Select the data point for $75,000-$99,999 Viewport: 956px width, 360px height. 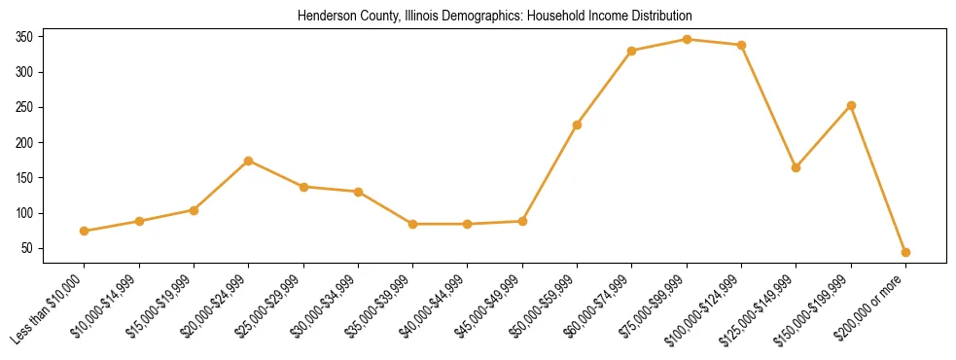687,39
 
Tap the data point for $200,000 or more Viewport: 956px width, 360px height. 905,252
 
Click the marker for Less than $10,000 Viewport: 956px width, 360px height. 85,231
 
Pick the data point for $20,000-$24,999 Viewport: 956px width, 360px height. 249,161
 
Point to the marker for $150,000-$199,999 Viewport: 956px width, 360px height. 851,105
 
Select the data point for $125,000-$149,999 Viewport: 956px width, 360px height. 797,167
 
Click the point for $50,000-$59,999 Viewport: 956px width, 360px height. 578,125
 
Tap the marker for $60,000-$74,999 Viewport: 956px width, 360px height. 632,51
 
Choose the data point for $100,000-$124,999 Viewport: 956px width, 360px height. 742,45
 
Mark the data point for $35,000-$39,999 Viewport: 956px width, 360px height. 413,224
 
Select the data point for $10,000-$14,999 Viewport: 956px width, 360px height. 139,221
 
